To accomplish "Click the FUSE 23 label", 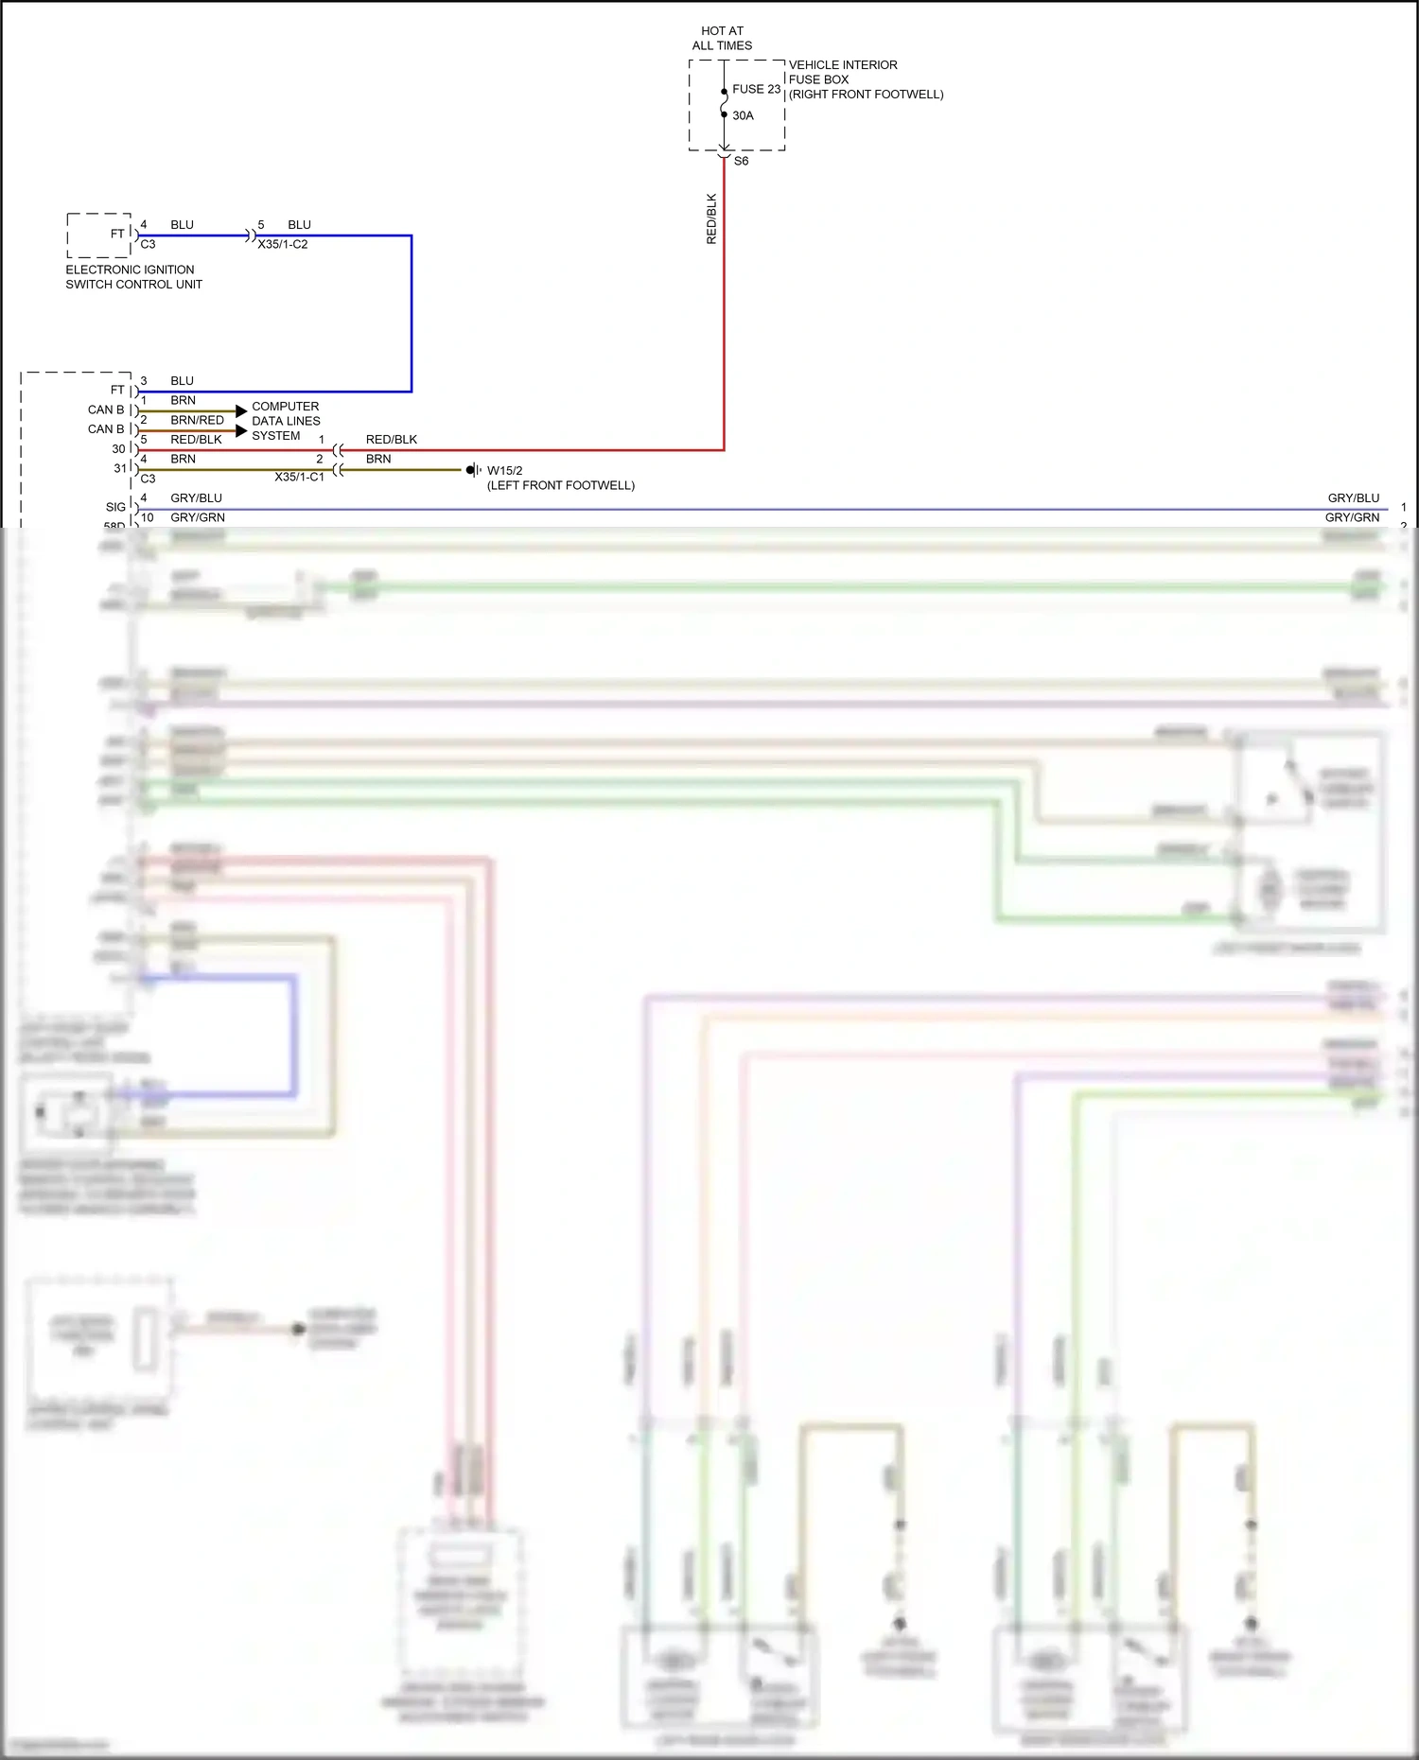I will [x=756, y=89].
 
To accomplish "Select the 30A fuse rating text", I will [x=743, y=115].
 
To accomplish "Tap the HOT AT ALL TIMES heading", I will [x=722, y=38].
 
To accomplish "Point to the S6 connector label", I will [x=741, y=161].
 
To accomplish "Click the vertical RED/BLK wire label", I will [x=711, y=219].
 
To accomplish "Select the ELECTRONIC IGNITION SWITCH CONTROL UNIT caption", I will [x=133, y=276].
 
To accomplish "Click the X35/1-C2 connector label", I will [x=283, y=244].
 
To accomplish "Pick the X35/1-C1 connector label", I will [x=299, y=477].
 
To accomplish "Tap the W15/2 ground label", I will [x=504, y=470].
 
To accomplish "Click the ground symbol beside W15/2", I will [x=472, y=470].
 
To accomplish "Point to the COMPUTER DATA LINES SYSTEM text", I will [x=286, y=421].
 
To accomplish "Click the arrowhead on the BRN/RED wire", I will [x=241, y=430].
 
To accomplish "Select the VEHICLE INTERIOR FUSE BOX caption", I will [x=865, y=79].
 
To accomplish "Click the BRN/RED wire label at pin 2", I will [x=197, y=420].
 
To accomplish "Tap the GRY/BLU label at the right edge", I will [x=1353, y=497].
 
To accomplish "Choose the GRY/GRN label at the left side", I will [x=197, y=517].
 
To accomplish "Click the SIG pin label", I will [x=115, y=507].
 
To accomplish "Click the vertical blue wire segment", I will [x=412, y=312].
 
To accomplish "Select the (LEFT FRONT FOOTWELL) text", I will [x=560, y=485].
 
